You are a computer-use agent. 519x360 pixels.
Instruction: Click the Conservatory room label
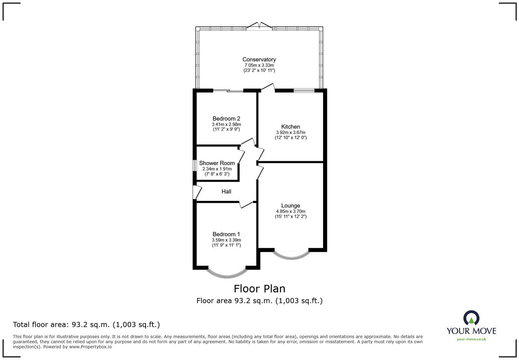(259, 60)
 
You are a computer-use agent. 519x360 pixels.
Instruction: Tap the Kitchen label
(291, 127)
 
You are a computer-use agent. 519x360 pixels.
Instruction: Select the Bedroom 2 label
(226, 119)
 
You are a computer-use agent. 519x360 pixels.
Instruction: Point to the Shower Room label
(217, 163)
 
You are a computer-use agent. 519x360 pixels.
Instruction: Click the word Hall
(226, 192)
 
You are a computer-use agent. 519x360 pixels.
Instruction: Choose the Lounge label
(291, 206)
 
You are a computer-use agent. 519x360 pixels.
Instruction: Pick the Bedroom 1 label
(226, 235)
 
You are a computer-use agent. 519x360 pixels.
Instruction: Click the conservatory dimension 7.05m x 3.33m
(259, 65)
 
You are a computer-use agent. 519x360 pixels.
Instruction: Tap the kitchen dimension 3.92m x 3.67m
(291, 132)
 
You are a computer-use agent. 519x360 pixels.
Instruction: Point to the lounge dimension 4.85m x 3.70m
(291, 211)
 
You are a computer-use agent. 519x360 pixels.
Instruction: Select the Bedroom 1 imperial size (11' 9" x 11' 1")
(226, 245)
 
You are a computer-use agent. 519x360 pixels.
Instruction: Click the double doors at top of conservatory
(259, 26)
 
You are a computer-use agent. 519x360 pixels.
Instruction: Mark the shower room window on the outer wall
(195, 165)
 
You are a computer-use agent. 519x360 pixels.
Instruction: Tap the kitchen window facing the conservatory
(304, 90)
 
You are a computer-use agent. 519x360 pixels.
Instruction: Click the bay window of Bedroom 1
(227, 273)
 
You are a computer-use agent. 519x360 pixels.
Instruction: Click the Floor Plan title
(259, 289)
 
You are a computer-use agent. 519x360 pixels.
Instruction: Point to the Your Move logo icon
(471, 318)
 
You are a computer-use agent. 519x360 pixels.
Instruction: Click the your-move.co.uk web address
(471, 339)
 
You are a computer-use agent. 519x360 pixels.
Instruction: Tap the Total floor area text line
(86, 325)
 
